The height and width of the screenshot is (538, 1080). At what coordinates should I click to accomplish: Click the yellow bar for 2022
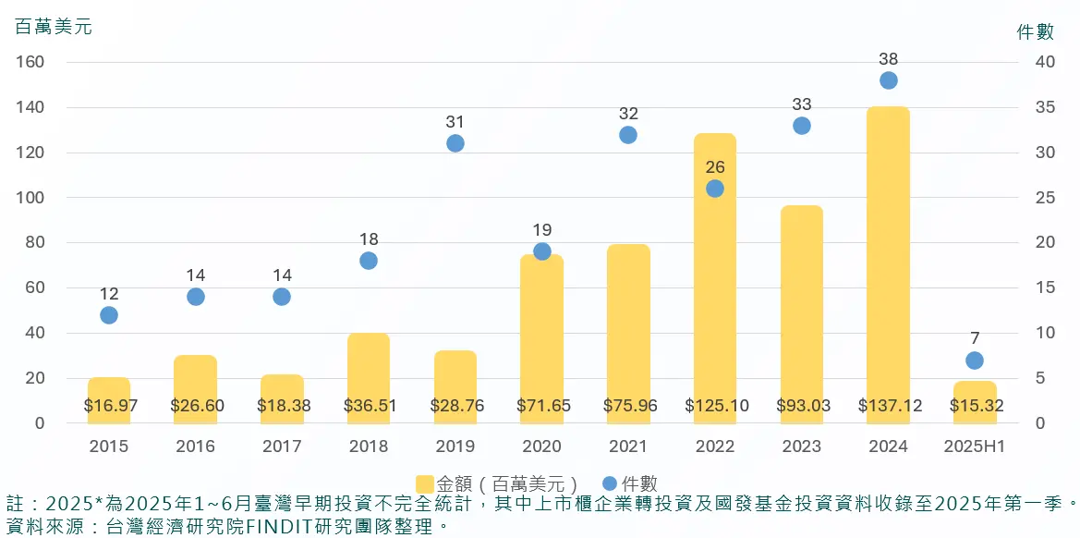pos(714,277)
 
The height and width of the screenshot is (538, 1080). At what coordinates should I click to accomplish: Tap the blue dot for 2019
pos(455,143)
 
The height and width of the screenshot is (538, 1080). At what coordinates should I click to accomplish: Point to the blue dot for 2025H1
pos(974,361)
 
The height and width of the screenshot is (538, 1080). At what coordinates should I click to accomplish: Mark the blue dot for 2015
pos(109,315)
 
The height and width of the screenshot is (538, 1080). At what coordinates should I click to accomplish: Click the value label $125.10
pos(715,406)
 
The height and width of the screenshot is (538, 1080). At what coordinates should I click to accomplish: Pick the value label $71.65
pos(541,406)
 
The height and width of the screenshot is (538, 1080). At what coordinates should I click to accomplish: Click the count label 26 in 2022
pos(715,167)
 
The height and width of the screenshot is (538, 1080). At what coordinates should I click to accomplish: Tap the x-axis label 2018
pos(369,446)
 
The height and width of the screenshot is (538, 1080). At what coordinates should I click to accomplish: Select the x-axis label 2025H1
pos(974,446)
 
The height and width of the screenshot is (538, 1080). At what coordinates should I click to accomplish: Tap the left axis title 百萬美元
pos(54,27)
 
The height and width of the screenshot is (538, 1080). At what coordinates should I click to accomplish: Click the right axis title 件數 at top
pos(1036,32)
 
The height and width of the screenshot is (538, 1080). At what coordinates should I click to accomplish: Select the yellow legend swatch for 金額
pos(425,483)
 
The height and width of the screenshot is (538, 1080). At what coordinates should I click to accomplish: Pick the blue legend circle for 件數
pos(610,483)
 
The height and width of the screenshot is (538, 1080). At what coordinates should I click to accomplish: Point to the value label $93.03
pos(801,406)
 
